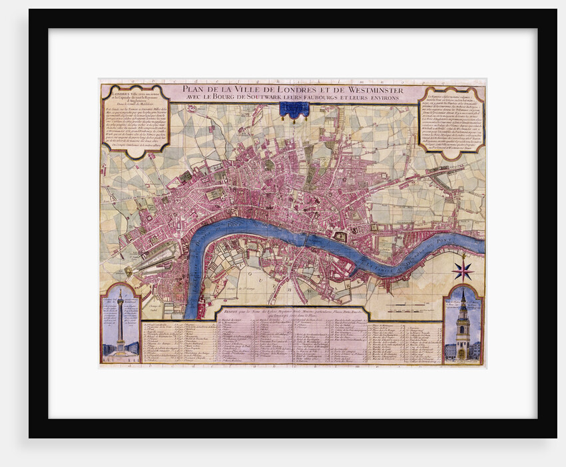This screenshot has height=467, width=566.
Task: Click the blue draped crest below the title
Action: pos(294,110)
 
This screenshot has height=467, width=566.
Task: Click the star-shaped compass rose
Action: pos(462,270)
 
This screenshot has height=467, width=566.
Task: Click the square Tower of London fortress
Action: pos(340,236)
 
